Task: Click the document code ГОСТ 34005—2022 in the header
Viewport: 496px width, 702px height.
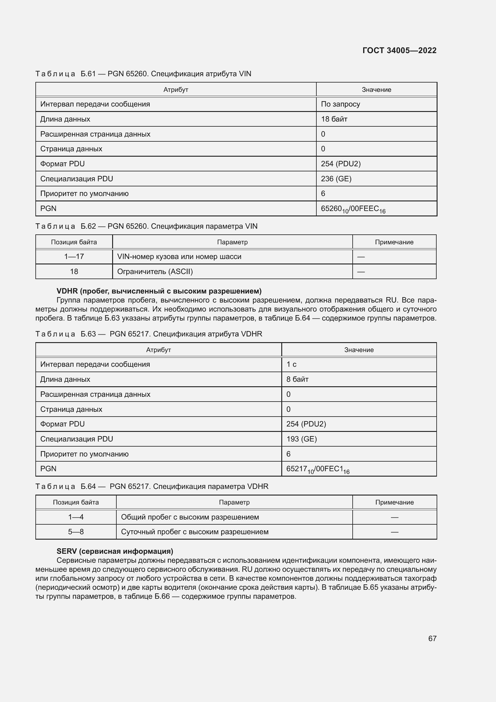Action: [399, 50]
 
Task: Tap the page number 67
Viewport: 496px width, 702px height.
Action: [432, 638]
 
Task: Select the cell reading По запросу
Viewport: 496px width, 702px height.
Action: [340, 104]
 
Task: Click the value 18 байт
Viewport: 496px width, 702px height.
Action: [334, 119]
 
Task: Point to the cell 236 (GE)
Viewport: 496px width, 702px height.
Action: [336, 179]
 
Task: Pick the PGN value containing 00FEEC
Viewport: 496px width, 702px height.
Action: [353, 209]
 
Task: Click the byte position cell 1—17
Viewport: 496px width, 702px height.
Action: [74, 257]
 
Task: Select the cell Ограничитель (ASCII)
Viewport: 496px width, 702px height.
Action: [155, 272]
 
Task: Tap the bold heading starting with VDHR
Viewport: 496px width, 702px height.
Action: [159, 291]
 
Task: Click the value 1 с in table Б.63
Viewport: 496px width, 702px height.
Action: [291, 364]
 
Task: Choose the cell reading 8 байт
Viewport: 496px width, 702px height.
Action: [297, 379]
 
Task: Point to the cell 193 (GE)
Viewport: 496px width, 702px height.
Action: [301, 439]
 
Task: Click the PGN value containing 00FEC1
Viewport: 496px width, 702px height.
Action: [318, 469]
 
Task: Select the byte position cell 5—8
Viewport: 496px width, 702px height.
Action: [76, 532]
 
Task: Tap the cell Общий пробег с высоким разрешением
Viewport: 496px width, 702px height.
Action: [190, 517]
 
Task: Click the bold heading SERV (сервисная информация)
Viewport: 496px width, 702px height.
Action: [115, 551]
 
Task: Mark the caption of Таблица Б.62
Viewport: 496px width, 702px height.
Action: [146, 226]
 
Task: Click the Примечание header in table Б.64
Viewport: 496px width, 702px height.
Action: [394, 502]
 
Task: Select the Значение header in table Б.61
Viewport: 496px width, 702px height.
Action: [376, 89]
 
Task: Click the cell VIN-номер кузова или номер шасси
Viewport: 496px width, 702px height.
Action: [179, 257]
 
